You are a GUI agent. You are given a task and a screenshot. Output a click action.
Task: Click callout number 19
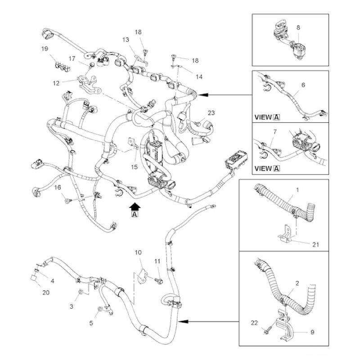pos(45,49)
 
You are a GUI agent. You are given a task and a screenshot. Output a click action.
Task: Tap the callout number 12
pos(56,83)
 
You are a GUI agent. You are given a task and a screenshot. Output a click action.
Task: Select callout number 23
pos(211,113)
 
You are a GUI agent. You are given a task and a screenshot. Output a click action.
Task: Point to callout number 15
pos(134,167)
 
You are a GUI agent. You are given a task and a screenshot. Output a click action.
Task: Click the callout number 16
pos(58,188)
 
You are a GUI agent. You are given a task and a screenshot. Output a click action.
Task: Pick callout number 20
pos(46,292)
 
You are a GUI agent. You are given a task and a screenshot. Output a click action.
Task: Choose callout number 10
pos(138,252)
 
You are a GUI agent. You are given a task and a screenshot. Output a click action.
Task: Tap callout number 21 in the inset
pos(316,244)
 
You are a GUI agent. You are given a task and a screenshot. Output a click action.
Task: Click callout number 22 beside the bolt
pos(254,323)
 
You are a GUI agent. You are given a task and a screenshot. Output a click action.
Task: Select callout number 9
pos(312,332)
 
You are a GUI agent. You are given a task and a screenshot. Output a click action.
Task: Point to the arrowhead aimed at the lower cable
pos(183,322)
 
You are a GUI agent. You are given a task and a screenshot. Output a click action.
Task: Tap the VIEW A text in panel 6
pos(267,117)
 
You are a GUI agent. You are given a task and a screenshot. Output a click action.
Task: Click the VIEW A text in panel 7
pos(267,168)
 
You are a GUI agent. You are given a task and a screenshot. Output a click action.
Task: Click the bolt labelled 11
pos(159,280)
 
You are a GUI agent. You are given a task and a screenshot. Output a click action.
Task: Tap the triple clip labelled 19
pos(63,66)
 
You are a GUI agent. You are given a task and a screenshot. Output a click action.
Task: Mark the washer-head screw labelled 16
pos(68,201)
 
